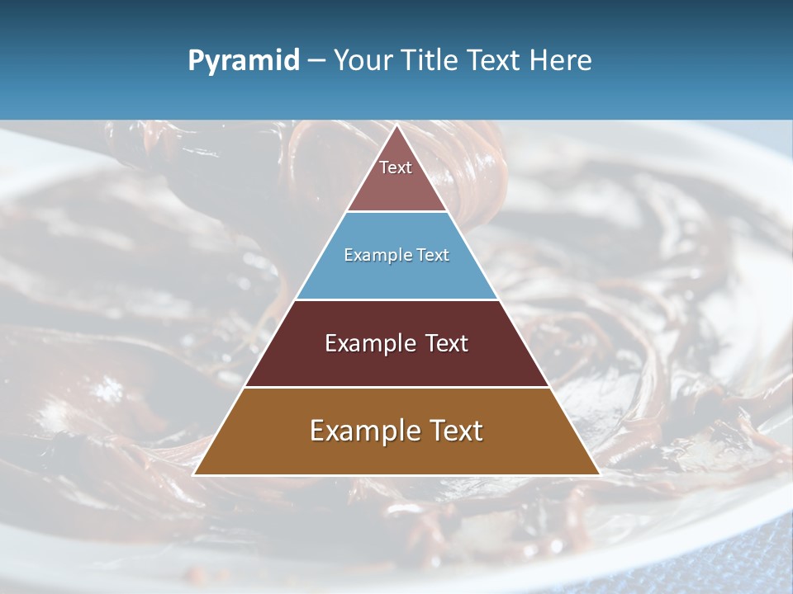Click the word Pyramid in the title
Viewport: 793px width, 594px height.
(244, 61)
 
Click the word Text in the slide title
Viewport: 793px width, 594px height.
(495, 61)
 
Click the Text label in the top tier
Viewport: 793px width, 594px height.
(396, 167)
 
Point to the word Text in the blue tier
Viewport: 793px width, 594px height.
(433, 256)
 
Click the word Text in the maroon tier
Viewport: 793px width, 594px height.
(447, 343)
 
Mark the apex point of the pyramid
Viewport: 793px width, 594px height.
(397, 125)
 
